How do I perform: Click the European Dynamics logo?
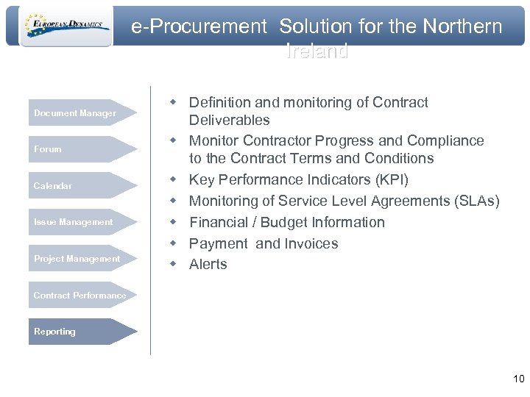tap(66, 26)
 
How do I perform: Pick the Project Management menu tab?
tap(77, 259)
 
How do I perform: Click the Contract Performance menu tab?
tap(79, 296)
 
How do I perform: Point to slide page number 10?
tap(518, 379)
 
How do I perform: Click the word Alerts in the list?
tap(208, 265)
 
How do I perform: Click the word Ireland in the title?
tap(317, 52)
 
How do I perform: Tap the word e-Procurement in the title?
tap(199, 27)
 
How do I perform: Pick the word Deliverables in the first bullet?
tap(230, 120)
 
